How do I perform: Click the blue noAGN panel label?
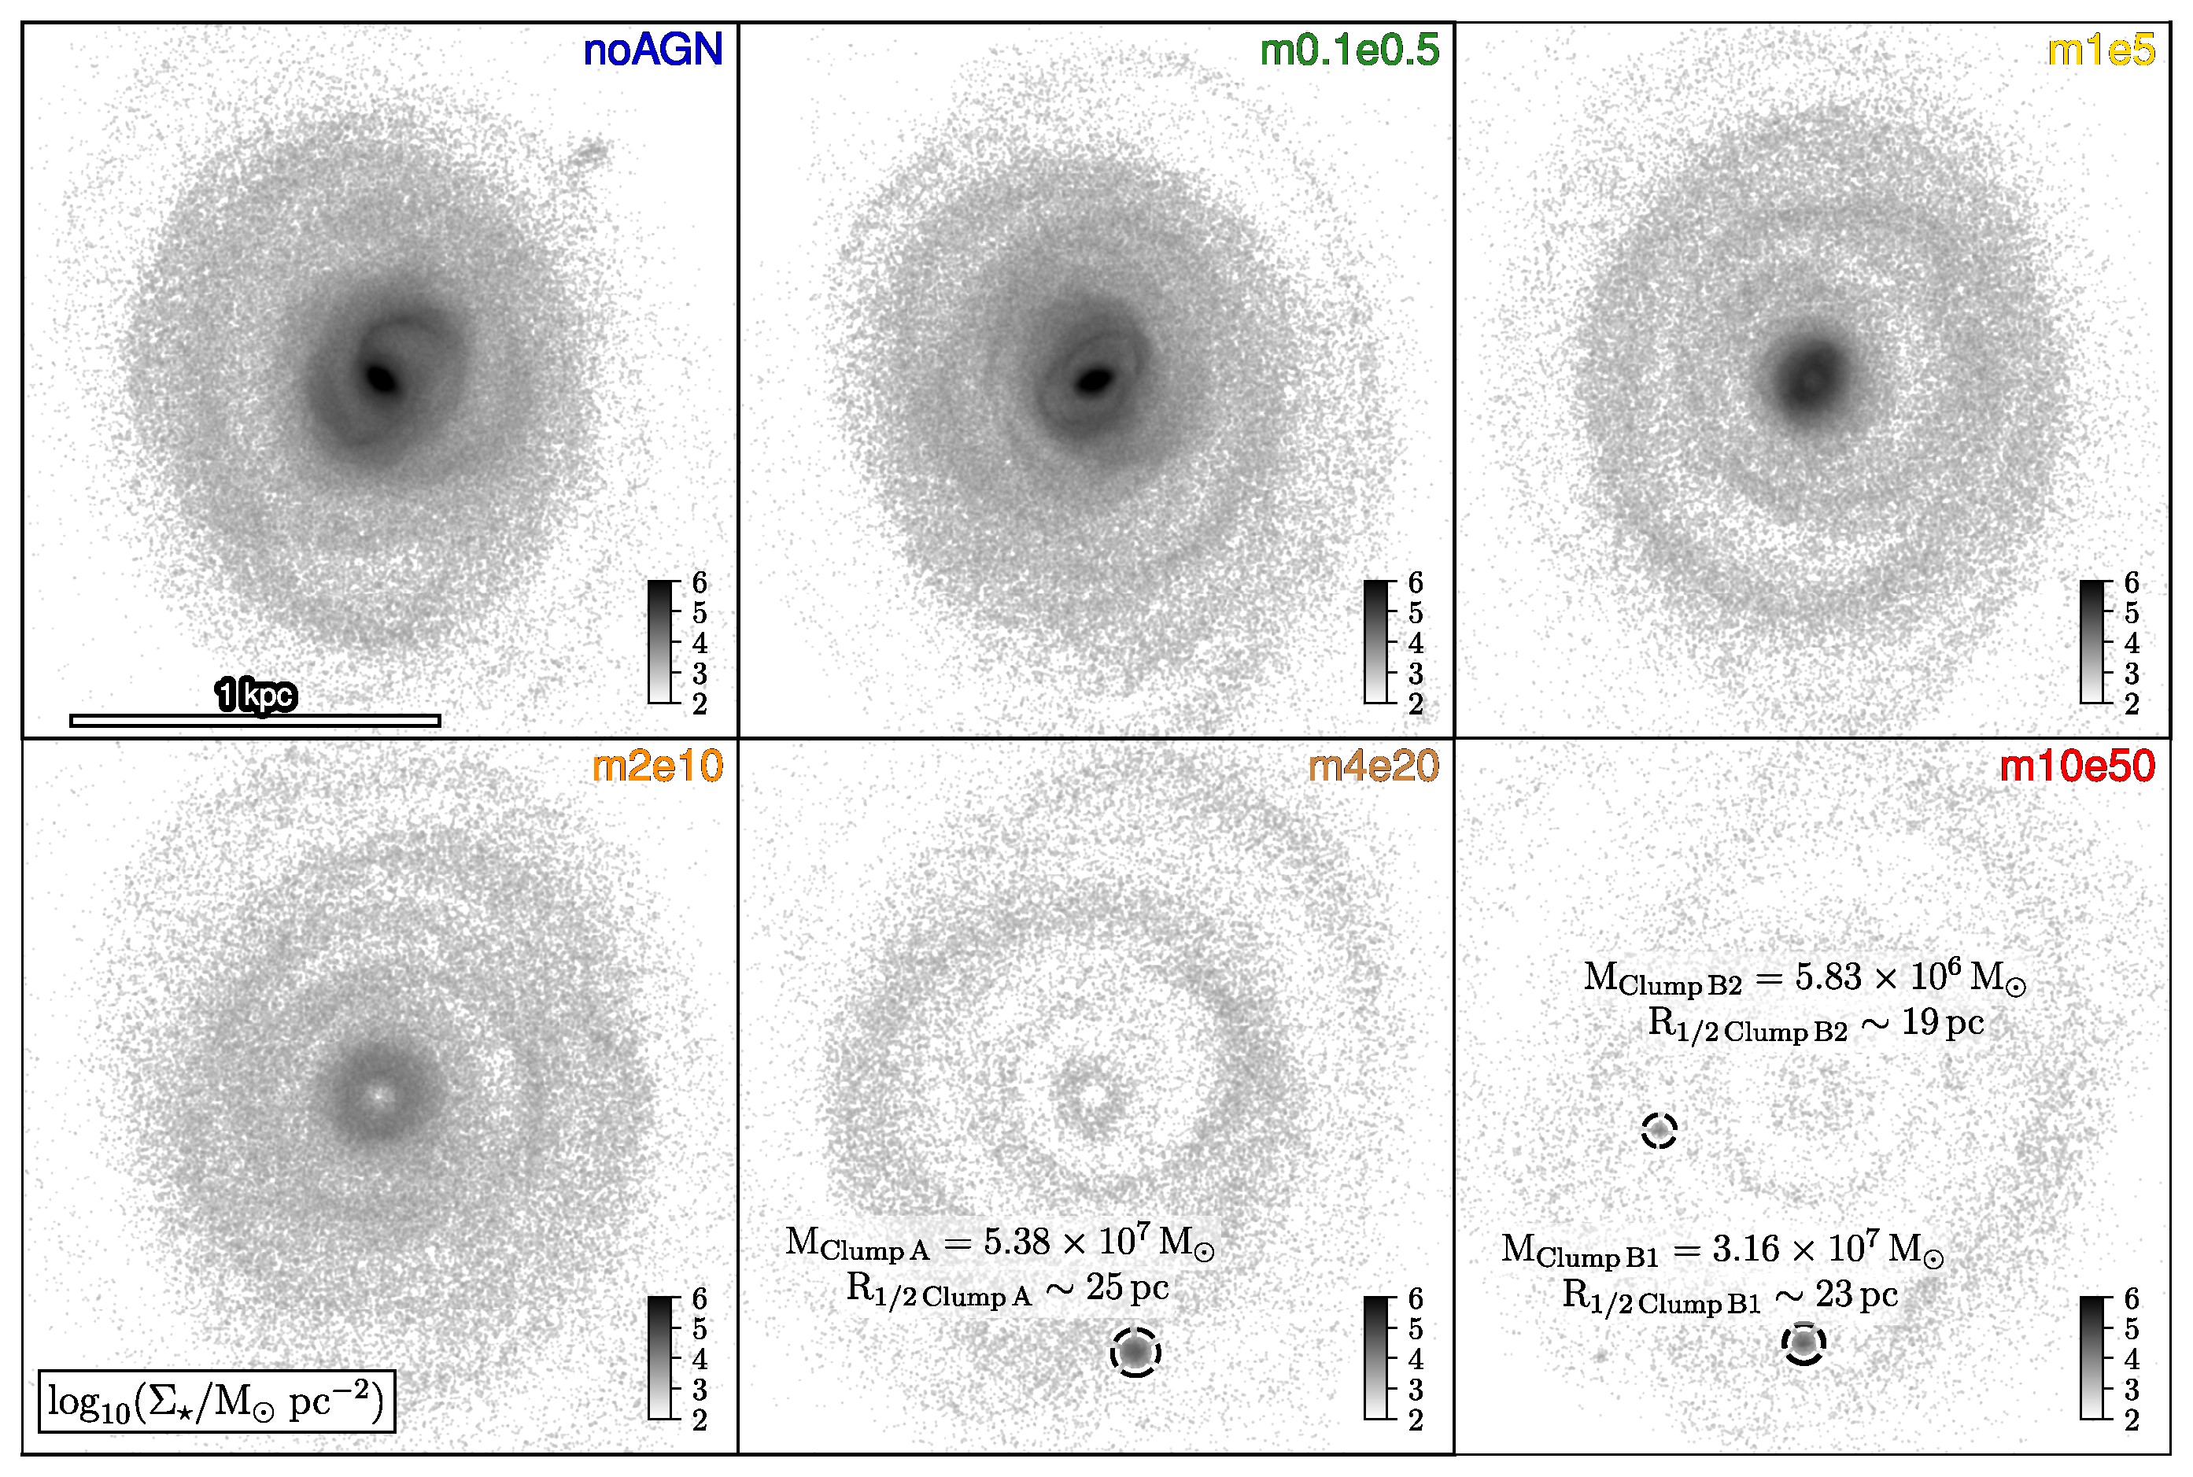pyautogui.click(x=652, y=50)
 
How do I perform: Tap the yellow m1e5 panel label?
pyautogui.click(x=2101, y=50)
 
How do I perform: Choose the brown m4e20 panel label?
pyautogui.click(x=1373, y=766)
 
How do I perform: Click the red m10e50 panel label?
pyautogui.click(x=2077, y=766)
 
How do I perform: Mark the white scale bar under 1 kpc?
pyautogui.click(x=254, y=721)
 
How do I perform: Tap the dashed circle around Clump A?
pyautogui.click(x=1135, y=1353)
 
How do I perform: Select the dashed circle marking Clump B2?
pyautogui.click(x=1659, y=1130)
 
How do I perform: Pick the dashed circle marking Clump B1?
pyautogui.click(x=1803, y=1344)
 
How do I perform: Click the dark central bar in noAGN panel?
pyautogui.click(x=382, y=378)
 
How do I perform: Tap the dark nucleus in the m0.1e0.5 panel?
pyautogui.click(x=1095, y=379)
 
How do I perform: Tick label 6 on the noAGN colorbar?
pyautogui.click(x=699, y=583)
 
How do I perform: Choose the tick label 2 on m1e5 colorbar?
pyautogui.click(x=2132, y=703)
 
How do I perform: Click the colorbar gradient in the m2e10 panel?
pyautogui.click(x=659, y=1357)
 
